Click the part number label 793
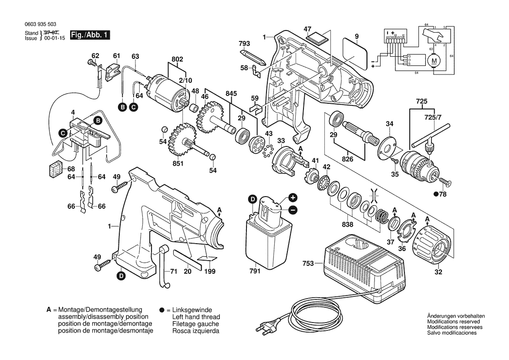click(244, 44)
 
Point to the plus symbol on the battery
click(293, 197)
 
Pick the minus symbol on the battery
click(293, 210)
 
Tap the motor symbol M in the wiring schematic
click(434, 61)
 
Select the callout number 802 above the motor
click(177, 60)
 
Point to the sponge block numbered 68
click(55, 170)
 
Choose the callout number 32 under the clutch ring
click(438, 273)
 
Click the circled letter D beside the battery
click(253, 199)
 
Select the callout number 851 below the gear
click(178, 163)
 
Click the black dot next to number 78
click(435, 194)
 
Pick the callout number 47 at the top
click(308, 29)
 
